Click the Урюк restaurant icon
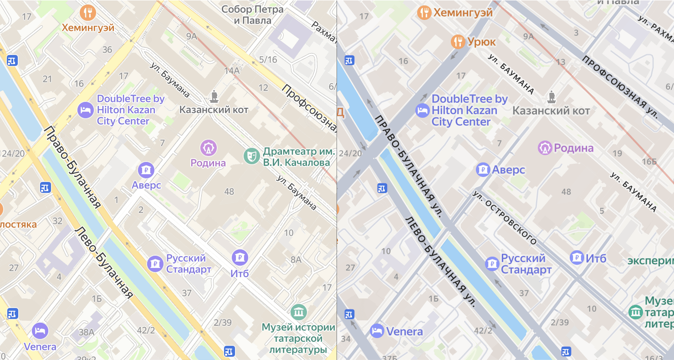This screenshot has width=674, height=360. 458,42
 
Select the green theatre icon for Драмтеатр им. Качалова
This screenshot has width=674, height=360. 250,156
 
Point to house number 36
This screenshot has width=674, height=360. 107,50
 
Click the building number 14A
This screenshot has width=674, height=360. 231,71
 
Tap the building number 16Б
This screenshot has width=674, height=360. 649,161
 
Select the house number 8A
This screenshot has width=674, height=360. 296,260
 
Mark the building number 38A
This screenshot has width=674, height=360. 86,333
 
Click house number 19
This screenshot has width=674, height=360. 617,153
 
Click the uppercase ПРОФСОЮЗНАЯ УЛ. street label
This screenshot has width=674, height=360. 620,86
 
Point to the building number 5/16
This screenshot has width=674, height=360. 268,60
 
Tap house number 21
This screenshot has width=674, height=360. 47,79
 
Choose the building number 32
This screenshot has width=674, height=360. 57,221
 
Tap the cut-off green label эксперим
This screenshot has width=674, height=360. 650,261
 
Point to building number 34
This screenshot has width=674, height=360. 346,339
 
